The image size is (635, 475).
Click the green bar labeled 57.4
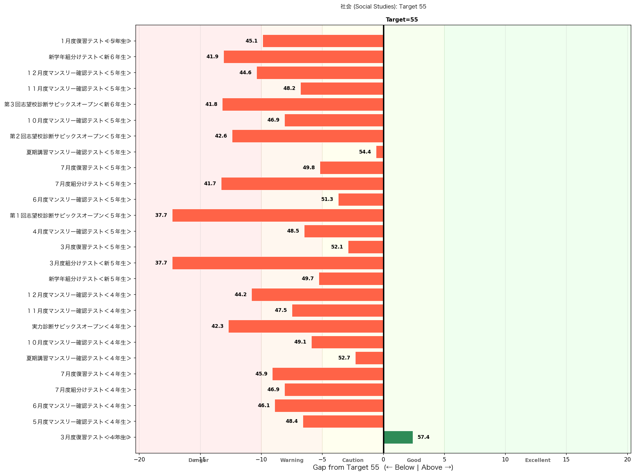(x=398, y=437)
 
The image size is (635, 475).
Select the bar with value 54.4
(x=380, y=152)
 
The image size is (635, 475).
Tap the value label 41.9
(x=212, y=56)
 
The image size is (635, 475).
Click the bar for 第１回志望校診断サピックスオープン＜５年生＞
(x=278, y=215)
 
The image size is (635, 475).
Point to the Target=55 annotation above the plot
(x=402, y=19)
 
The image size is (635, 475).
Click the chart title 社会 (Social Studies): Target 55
(x=383, y=6)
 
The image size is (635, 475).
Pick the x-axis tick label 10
(x=505, y=460)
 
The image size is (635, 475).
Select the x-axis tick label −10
(x=261, y=460)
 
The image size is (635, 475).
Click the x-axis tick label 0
(x=383, y=460)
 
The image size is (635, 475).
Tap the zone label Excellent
(x=537, y=460)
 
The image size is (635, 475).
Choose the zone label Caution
(x=353, y=460)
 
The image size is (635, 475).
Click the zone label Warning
(x=292, y=460)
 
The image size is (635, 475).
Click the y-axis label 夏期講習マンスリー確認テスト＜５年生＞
(x=79, y=152)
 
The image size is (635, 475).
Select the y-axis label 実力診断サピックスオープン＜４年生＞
(x=81, y=327)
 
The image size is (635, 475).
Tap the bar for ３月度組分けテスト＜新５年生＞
(x=278, y=263)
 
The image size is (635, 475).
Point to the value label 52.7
(x=344, y=358)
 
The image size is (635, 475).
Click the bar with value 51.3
(x=361, y=200)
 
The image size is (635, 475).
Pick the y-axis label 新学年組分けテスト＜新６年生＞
(x=90, y=57)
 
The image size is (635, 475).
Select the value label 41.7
(x=210, y=183)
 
